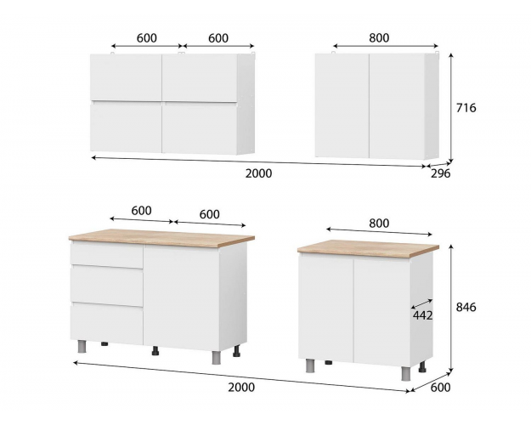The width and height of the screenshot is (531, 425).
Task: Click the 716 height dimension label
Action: tap(466, 108)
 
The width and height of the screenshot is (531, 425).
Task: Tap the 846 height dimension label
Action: tap(466, 307)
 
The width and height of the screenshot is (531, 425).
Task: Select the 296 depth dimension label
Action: tap(441, 173)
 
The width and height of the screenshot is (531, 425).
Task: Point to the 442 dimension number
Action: tap(422, 315)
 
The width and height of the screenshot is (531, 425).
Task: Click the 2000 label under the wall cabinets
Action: tap(259, 173)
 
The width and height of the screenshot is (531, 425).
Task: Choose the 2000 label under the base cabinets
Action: tap(241, 387)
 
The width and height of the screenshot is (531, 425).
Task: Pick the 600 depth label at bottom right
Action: tap(440, 387)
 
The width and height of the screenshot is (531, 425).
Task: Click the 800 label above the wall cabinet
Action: tap(379, 38)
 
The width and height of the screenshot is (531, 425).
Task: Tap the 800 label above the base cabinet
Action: tap(379, 224)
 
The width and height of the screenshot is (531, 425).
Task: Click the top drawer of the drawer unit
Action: tap(106, 255)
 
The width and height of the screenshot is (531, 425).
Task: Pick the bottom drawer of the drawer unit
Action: tap(107, 323)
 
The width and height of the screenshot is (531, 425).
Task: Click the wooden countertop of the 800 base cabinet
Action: tap(368, 248)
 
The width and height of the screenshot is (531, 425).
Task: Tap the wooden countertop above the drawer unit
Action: tap(161, 237)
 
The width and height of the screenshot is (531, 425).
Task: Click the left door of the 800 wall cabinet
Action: tap(342, 105)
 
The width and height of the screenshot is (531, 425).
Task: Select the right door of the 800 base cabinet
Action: tap(382, 312)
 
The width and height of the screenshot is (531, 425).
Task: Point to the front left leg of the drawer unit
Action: tap(82, 346)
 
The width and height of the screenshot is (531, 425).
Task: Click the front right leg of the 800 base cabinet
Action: tap(406, 373)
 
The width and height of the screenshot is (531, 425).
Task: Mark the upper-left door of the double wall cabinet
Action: tap(126, 77)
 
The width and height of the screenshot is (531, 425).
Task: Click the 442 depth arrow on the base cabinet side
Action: tap(421, 303)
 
